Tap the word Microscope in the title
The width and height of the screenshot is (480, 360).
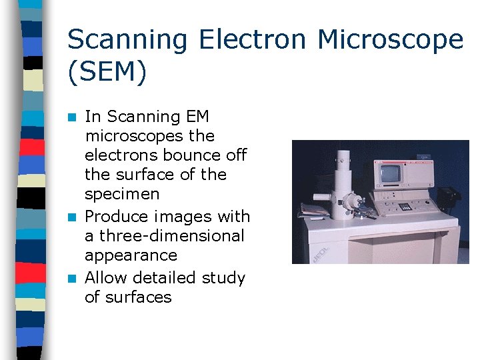tap(390, 41)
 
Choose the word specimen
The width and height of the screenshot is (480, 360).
tap(122, 195)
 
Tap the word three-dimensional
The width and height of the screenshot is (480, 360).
tap(172, 236)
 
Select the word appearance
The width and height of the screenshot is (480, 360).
tap(131, 256)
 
